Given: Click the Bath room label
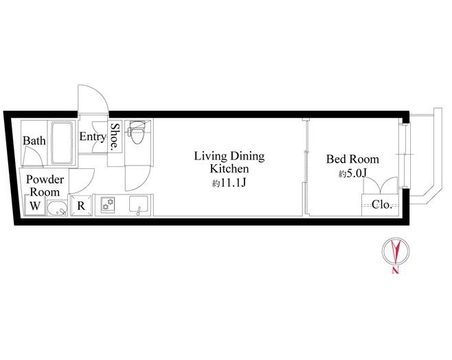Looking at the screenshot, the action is [34, 141].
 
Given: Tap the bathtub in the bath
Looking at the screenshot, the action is [62, 143].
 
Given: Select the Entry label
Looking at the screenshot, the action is [93, 137].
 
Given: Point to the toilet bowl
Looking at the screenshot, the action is [137, 133].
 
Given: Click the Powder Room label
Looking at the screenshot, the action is [45, 185].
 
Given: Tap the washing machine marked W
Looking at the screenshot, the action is [35, 205].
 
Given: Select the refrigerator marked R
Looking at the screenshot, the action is [81, 205].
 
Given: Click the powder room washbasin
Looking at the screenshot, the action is [57, 208].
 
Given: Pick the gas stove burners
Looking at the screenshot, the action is [108, 203].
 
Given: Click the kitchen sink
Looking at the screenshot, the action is [139, 205].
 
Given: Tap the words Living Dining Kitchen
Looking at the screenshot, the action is [229, 162].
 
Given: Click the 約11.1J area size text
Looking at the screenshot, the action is [229, 183].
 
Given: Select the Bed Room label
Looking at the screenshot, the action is [352, 159].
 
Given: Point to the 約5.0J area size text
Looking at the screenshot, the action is [352, 174].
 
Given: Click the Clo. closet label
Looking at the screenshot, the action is [382, 204].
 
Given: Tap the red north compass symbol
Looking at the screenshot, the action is [396, 251].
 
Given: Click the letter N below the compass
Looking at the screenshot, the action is [396, 271].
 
